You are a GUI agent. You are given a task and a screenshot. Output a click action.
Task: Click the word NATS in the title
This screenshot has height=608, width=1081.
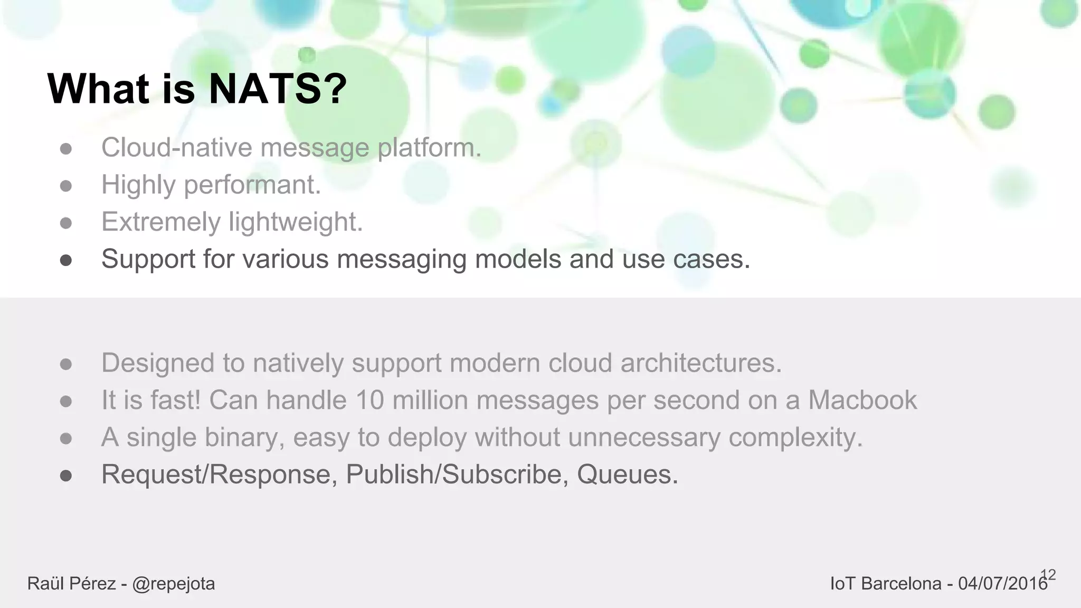pos(264,89)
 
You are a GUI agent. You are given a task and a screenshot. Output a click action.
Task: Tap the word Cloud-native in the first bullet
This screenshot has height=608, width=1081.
pos(176,147)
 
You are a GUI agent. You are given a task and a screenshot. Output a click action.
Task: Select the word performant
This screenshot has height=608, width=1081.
pos(252,185)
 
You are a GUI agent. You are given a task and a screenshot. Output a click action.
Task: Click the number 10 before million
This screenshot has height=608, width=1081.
pos(369,400)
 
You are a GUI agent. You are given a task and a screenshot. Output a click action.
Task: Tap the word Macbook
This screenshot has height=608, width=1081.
pos(862,400)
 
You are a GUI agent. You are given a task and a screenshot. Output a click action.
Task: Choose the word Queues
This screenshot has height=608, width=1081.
pos(627,474)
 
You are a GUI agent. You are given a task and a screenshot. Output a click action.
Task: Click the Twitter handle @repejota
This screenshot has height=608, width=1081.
pos(174,584)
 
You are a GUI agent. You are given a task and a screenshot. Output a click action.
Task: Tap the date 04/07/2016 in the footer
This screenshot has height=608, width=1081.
pos(1002,584)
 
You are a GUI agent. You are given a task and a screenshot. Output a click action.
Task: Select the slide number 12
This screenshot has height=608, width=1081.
pos(1048,575)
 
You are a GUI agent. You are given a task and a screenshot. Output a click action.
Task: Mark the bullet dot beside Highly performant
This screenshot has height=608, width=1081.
pos(66,186)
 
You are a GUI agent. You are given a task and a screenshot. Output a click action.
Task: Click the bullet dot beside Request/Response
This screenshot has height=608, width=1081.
pos(66,476)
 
